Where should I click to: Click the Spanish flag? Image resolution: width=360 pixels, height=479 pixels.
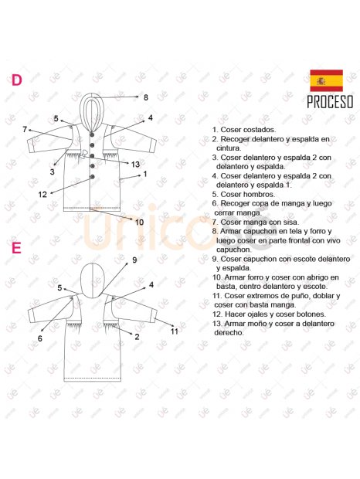(326, 80)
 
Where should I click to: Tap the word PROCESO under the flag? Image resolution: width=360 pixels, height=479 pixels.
(330, 102)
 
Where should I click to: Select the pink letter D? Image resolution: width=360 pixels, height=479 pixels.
(16, 80)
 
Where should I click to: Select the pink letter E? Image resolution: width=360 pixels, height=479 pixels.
(16, 248)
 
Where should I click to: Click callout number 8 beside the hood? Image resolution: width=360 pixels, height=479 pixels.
(146, 97)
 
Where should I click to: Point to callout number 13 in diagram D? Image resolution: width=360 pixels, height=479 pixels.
(135, 165)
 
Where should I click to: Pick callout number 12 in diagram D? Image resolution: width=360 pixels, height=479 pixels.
(42, 194)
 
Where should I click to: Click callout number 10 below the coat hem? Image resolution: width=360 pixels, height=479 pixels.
(139, 222)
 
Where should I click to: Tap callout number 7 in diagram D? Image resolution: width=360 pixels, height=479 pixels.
(25, 130)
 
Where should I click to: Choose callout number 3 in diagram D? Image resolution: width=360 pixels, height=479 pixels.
(53, 172)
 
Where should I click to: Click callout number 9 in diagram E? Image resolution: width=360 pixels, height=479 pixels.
(134, 260)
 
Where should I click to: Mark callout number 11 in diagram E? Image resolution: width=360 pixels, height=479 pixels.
(175, 331)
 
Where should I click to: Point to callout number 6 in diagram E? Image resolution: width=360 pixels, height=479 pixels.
(39, 338)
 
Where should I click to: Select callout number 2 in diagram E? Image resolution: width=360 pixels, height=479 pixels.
(137, 337)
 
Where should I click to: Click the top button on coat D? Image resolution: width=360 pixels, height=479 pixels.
(92, 134)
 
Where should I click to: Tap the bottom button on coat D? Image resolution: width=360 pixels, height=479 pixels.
(92, 177)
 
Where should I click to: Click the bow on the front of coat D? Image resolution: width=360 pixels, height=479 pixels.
(84, 153)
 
